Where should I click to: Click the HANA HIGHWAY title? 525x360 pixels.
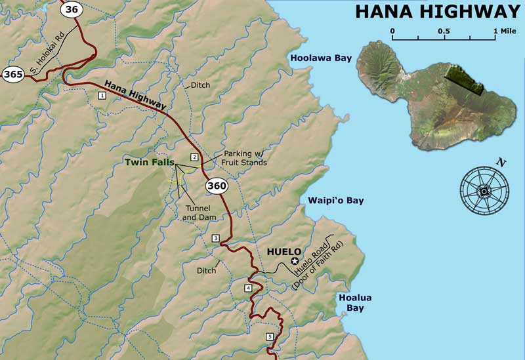pos(438,11)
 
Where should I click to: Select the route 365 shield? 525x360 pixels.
pos(13,74)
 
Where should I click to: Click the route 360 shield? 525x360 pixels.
pos(216,186)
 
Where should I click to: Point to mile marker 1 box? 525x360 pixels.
pos(102,96)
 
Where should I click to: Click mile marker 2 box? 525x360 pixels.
pos(194,157)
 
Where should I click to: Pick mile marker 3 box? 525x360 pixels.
pos(215,237)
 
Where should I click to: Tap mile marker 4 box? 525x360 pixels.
pos(248,289)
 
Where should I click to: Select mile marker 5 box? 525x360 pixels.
pos(269,337)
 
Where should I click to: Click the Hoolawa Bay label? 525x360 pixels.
pos(322,58)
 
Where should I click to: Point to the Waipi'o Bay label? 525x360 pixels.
pos(336,201)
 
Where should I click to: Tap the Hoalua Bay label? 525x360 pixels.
pos(355,303)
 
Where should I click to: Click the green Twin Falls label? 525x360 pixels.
pos(150,161)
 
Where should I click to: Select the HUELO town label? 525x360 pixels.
pos(284,251)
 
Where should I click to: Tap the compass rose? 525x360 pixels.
pos(484,190)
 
